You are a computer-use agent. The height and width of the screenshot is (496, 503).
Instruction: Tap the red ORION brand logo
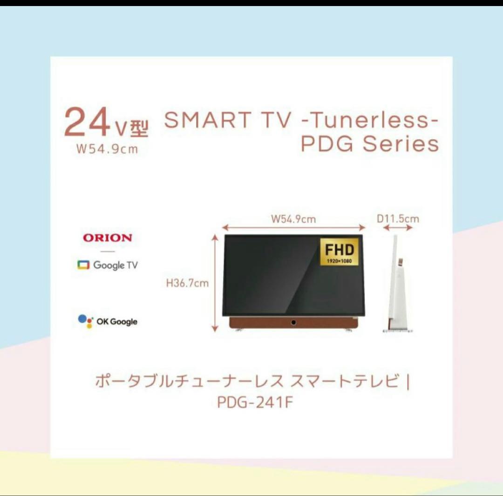(108, 238)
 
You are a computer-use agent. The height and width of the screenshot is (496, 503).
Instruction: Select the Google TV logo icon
(83, 265)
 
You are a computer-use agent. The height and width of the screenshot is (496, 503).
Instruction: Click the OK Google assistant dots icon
(85, 321)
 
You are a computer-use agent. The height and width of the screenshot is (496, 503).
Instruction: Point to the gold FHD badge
(339, 252)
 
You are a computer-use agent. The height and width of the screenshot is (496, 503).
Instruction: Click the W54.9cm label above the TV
(293, 218)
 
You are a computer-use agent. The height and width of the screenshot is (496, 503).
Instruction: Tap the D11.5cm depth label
(398, 218)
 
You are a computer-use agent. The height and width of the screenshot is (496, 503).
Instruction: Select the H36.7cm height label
(187, 283)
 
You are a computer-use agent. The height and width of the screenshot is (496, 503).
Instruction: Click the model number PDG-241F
(255, 401)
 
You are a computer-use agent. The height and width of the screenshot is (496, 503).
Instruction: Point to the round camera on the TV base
(293, 322)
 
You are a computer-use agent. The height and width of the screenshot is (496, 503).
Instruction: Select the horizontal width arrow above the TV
(293, 228)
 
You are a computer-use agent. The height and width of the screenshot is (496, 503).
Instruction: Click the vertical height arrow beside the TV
(215, 283)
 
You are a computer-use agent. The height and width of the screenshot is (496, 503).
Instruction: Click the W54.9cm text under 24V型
(107, 150)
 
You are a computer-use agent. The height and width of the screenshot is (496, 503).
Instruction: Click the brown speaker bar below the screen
(261, 323)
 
